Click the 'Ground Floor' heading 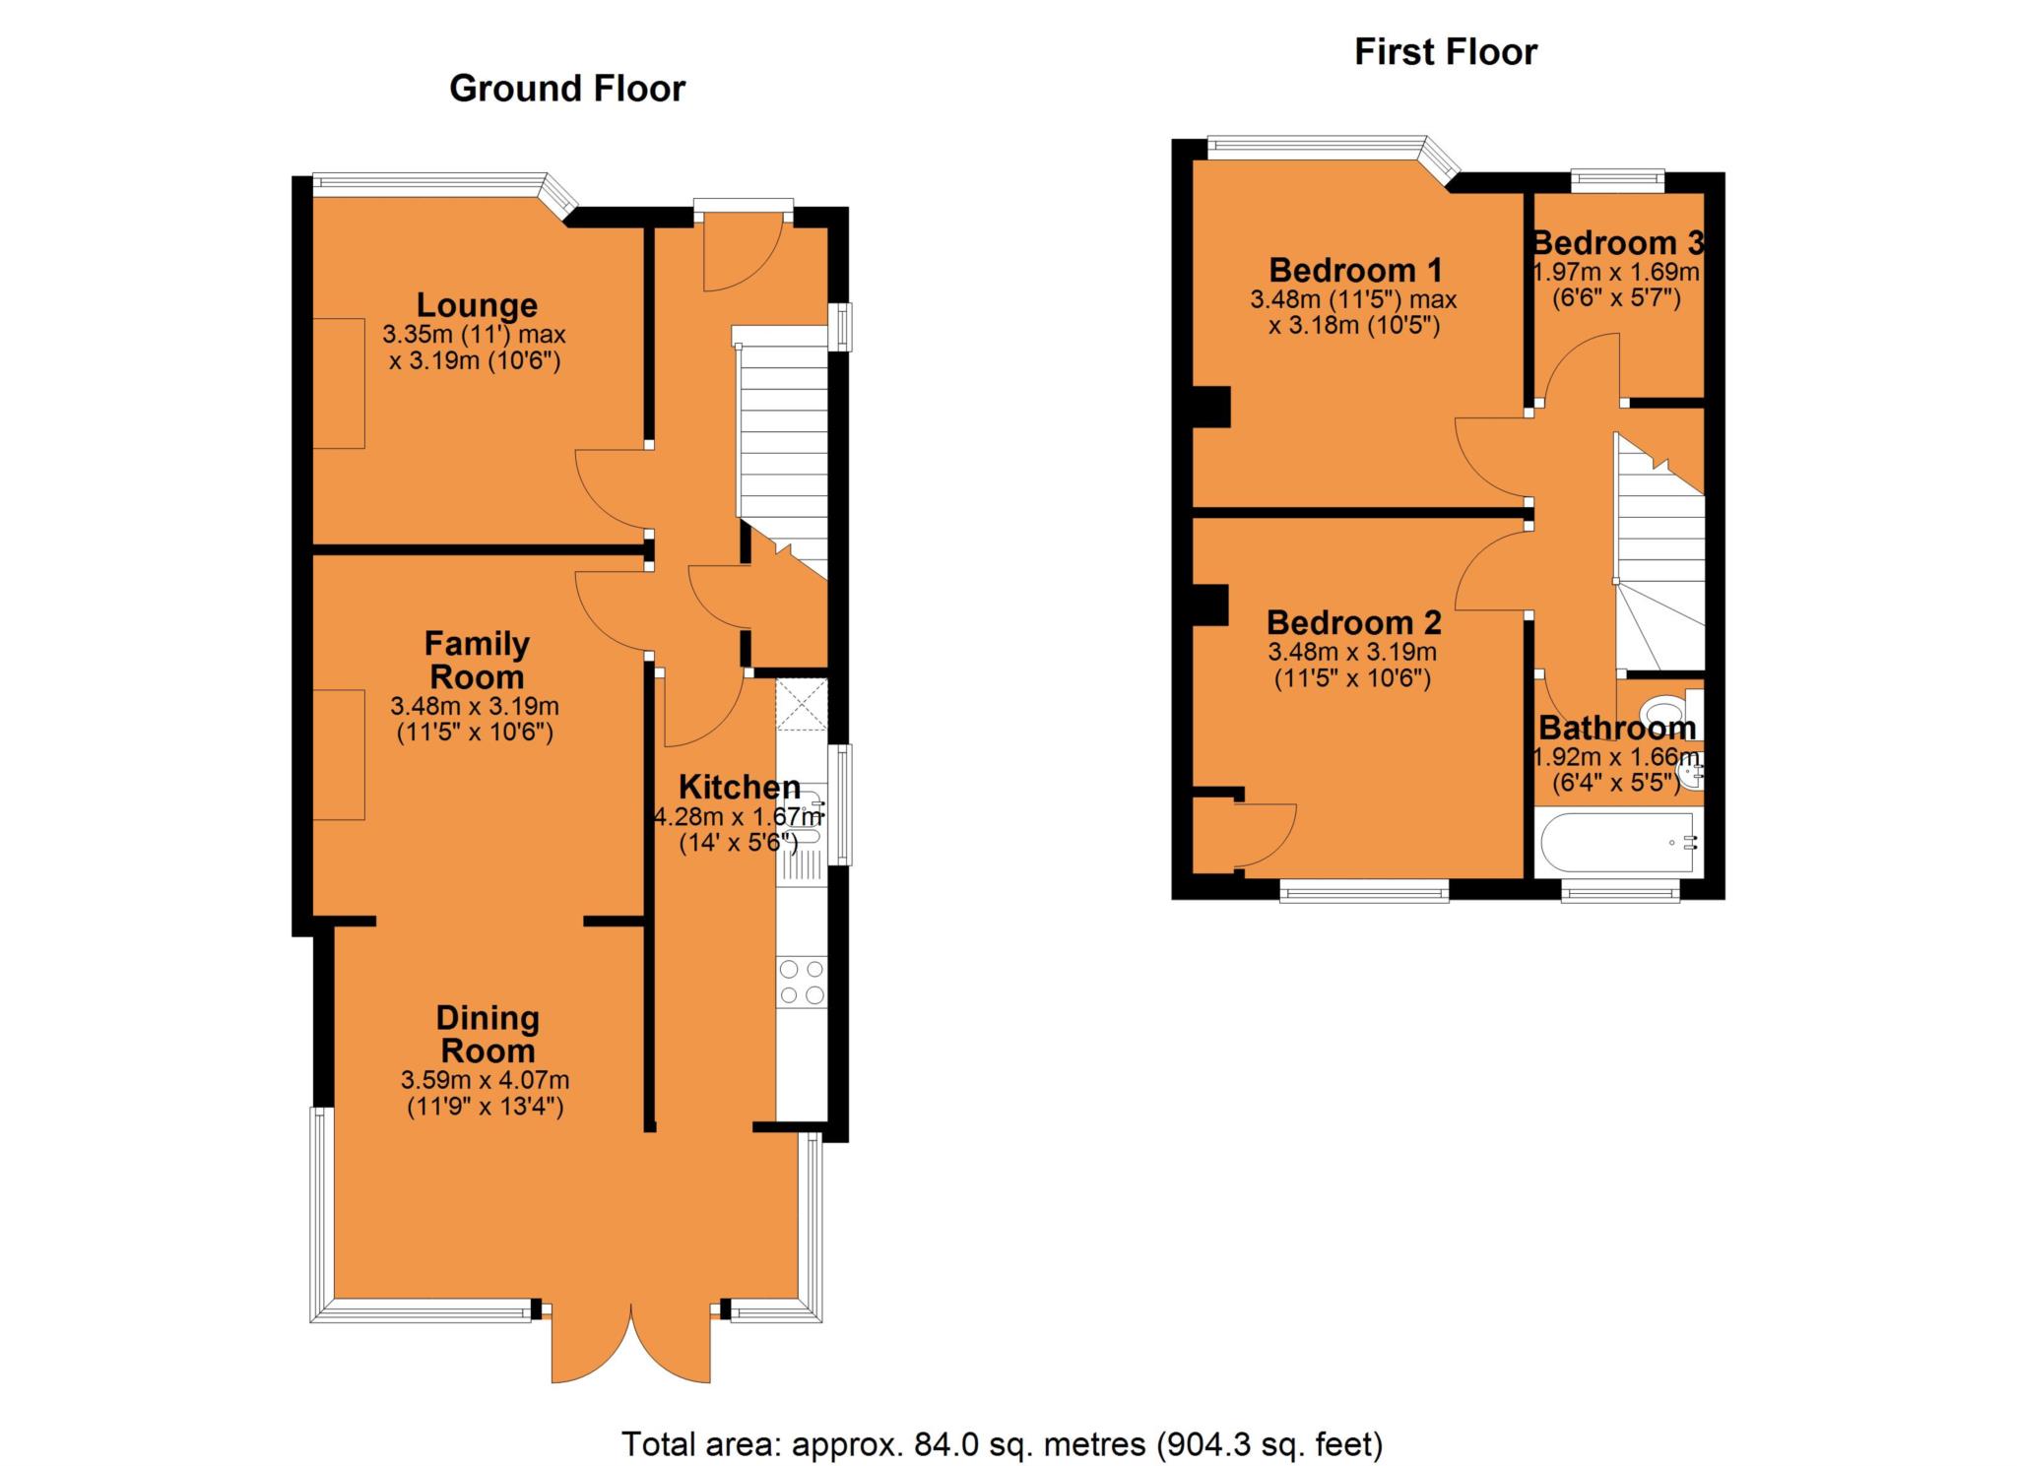coord(566,90)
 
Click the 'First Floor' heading coord(1445,52)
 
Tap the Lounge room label coord(477,305)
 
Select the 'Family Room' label coord(477,661)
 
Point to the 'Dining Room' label coord(488,1034)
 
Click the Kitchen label coord(740,788)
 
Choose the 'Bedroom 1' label coord(1355,270)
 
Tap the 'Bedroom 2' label coord(1353,623)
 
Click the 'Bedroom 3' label coord(1617,242)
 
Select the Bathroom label coord(1617,729)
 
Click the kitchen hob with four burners coord(801,982)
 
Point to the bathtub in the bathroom coord(1616,843)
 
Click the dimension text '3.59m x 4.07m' coord(486,1080)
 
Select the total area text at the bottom coord(1002,1444)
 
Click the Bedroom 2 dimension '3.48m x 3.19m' coord(1352,652)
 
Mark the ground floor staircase coord(782,443)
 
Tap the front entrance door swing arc coord(741,256)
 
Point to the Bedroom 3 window coord(1617,179)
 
